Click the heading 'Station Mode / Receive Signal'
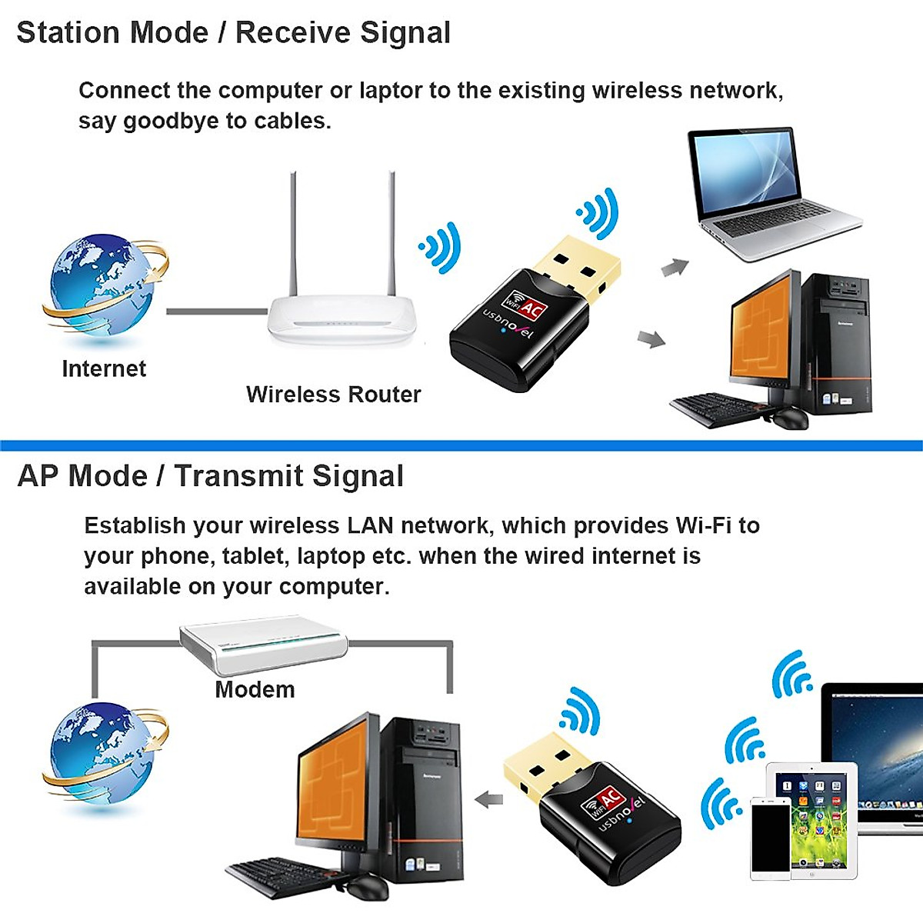click(233, 33)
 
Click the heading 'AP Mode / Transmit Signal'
click(210, 476)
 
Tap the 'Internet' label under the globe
click(104, 368)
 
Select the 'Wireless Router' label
click(333, 395)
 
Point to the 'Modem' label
click(255, 689)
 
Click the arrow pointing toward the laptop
click(675, 268)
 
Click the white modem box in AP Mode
click(263, 645)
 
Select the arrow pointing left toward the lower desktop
click(488, 799)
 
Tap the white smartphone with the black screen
click(770, 838)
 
